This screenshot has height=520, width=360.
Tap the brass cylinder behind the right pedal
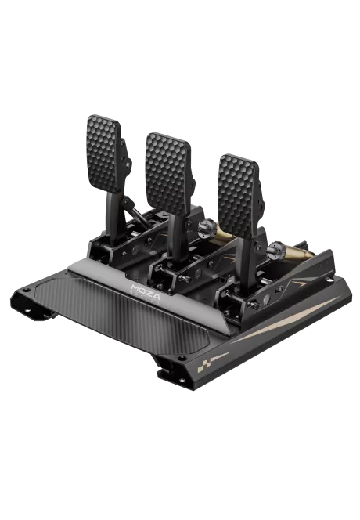(298, 252)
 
